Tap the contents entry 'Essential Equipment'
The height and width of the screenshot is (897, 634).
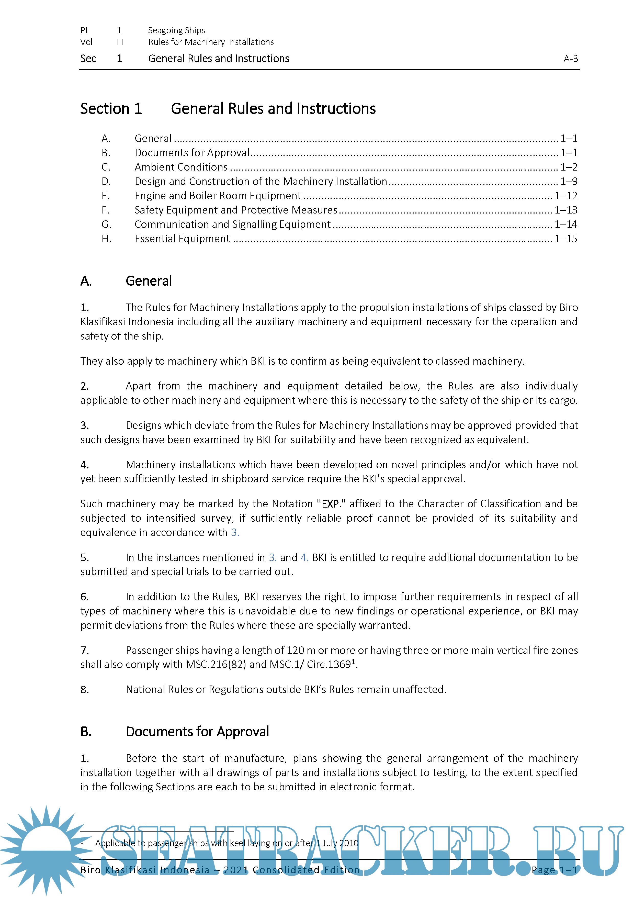click(182, 239)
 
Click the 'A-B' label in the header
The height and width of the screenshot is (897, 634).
click(570, 59)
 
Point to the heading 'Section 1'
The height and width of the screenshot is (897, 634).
click(111, 109)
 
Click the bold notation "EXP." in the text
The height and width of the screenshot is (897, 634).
click(331, 504)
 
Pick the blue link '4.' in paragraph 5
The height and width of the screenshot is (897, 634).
click(304, 557)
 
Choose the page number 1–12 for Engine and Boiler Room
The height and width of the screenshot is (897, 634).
click(566, 196)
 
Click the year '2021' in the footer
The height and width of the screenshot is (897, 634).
click(236, 870)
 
